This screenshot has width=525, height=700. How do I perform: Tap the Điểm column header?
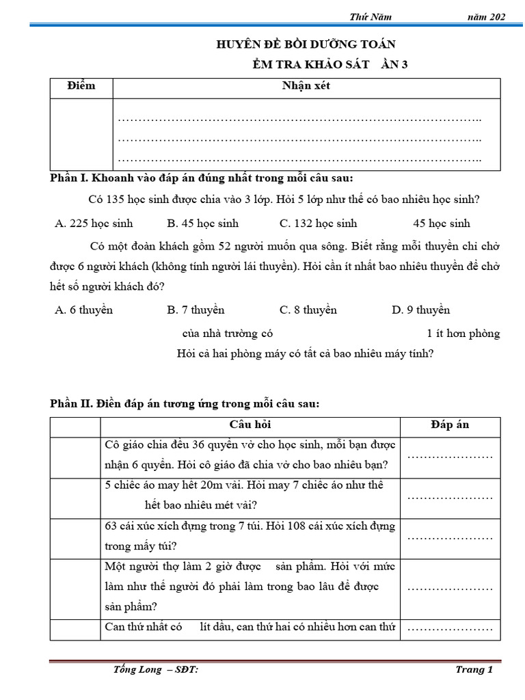[x=81, y=86]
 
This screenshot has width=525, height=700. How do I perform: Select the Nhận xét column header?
[x=306, y=86]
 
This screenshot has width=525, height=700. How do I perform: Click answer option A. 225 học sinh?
[x=94, y=224]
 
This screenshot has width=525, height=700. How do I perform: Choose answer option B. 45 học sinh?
[x=202, y=224]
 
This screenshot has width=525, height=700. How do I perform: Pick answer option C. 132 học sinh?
[x=318, y=224]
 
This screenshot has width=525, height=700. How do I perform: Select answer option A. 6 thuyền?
[x=83, y=310]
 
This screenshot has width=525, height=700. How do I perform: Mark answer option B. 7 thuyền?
[x=196, y=310]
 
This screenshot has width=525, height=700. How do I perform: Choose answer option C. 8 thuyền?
[x=308, y=310]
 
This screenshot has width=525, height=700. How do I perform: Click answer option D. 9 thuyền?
[x=420, y=310]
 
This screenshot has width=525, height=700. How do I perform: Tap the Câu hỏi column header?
[x=250, y=425]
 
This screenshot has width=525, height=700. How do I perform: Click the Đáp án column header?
[x=450, y=425]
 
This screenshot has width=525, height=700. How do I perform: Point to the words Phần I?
[x=70, y=179]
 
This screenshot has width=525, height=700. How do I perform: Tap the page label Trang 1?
[x=474, y=670]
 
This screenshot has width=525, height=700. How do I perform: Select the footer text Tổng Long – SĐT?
[x=156, y=670]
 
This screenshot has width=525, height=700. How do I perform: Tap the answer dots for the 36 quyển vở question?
[x=450, y=456]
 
